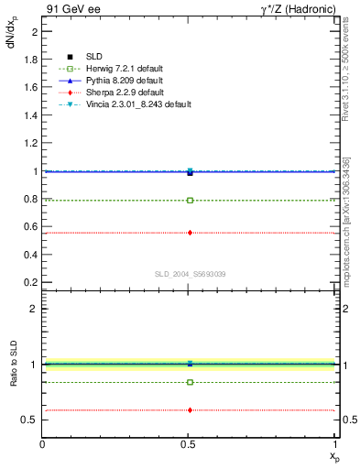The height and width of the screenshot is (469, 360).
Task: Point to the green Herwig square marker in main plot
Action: (190, 200)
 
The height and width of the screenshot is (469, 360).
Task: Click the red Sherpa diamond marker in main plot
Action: (190, 233)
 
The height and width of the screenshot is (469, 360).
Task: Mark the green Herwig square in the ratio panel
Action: (190, 382)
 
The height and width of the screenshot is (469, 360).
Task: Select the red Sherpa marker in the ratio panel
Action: (190, 410)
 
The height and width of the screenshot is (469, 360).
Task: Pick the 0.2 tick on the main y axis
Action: (30, 283)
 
